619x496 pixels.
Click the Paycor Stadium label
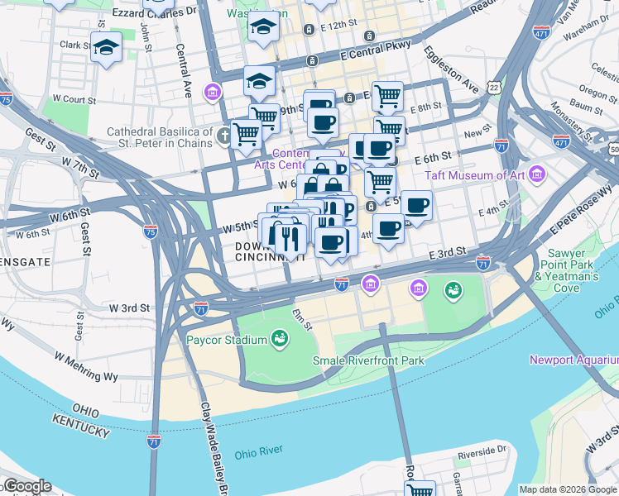[x=226, y=340]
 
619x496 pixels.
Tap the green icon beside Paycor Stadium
[x=280, y=339]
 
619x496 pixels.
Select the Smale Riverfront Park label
[x=368, y=360]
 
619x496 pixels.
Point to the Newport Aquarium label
[x=574, y=360]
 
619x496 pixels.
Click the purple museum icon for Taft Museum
[x=539, y=175]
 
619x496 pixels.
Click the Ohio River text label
[x=258, y=453]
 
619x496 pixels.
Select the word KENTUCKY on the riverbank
[x=81, y=427]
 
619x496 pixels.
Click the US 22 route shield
[x=494, y=86]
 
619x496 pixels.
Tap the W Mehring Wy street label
[x=87, y=366]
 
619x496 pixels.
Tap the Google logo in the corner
[x=26, y=486]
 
